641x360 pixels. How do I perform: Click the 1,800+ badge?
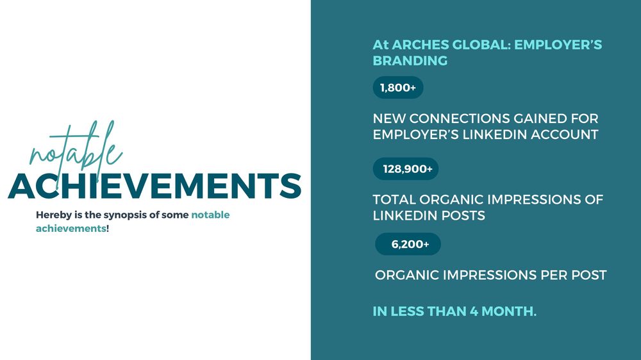(398, 88)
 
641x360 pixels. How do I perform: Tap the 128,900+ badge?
(406, 168)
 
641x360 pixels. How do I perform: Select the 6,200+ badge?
(408, 244)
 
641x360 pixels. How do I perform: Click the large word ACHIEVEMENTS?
(154, 186)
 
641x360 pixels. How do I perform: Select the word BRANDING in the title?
(410, 60)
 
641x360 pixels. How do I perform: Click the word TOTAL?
(394, 199)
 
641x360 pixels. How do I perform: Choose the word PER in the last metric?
(554, 275)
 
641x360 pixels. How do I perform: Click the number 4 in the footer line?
(474, 311)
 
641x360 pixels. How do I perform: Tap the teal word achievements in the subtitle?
(71, 228)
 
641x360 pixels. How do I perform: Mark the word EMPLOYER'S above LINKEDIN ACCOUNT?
(416, 135)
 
